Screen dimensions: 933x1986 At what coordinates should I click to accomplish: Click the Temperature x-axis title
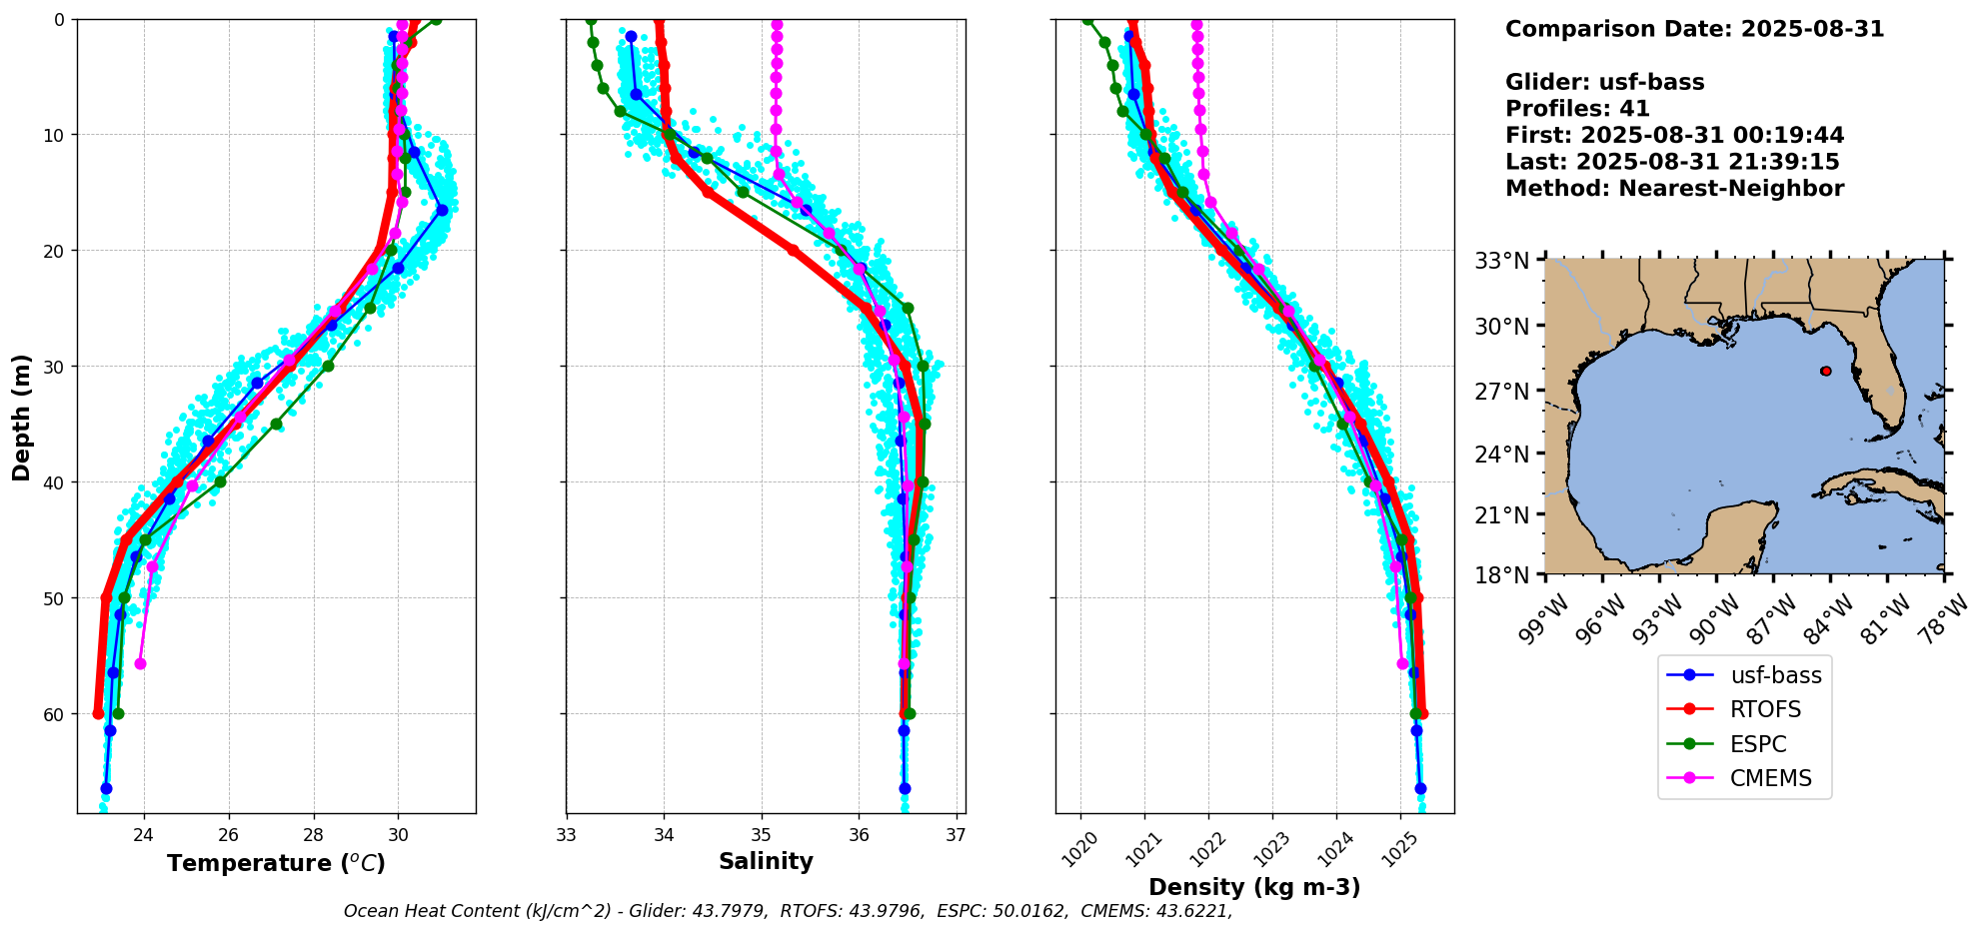tap(276, 863)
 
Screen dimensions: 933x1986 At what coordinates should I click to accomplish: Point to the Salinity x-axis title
tap(766, 861)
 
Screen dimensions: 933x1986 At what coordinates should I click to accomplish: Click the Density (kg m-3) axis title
tap(1254, 887)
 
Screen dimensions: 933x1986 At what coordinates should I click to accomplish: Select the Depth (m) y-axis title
tap(22, 417)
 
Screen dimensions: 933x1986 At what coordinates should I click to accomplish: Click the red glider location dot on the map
tap(1826, 371)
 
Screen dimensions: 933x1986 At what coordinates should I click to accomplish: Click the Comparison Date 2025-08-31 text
tap(1694, 29)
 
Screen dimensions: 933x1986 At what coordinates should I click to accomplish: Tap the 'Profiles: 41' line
tap(1577, 109)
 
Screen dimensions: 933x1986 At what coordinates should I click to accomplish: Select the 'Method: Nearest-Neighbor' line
tap(1674, 189)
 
